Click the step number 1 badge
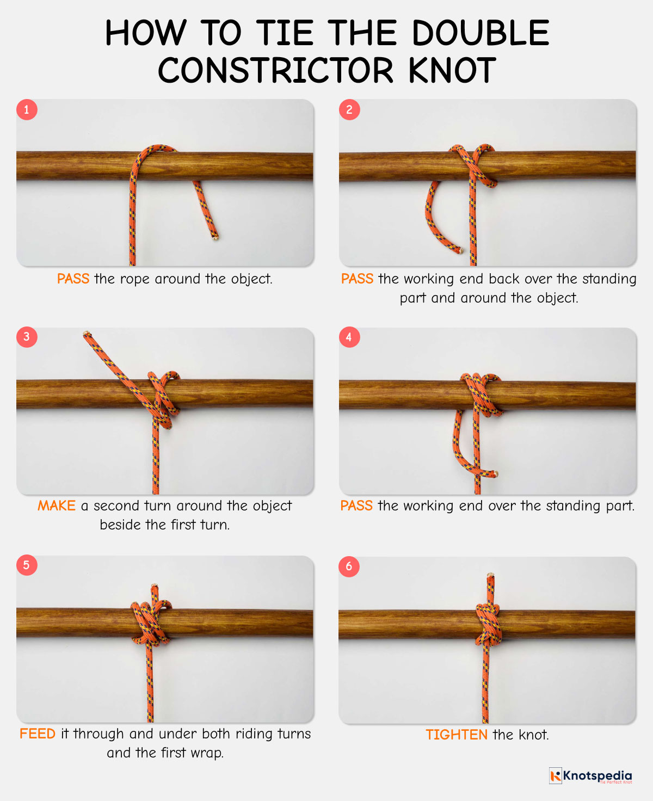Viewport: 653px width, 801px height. click(x=26, y=109)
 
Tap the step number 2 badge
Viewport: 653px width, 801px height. click(x=349, y=109)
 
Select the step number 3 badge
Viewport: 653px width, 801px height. click(x=26, y=337)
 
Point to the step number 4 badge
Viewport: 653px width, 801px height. click(x=349, y=337)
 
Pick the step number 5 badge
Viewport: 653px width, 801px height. click(x=26, y=565)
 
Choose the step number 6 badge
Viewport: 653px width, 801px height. click(x=349, y=566)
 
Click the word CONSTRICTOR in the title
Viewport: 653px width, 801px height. click(x=275, y=71)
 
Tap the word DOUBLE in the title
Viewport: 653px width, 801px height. click(x=480, y=33)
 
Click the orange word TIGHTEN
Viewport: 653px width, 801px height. click(x=456, y=735)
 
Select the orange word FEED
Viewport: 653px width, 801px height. click(x=38, y=734)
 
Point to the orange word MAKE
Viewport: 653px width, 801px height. click(x=56, y=506)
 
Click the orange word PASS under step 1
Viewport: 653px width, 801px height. click(x=73, y=279)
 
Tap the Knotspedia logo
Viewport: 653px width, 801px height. click(x=591, y=775)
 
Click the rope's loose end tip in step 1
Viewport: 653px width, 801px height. click(x=215, y=237)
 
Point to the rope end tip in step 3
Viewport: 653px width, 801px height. click(x=86, y=333)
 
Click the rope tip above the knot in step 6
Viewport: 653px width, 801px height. click(x=490, y=575)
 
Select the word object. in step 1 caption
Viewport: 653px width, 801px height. click(x=251, y=279)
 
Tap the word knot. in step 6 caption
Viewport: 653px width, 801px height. click(x=534, y=735)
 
